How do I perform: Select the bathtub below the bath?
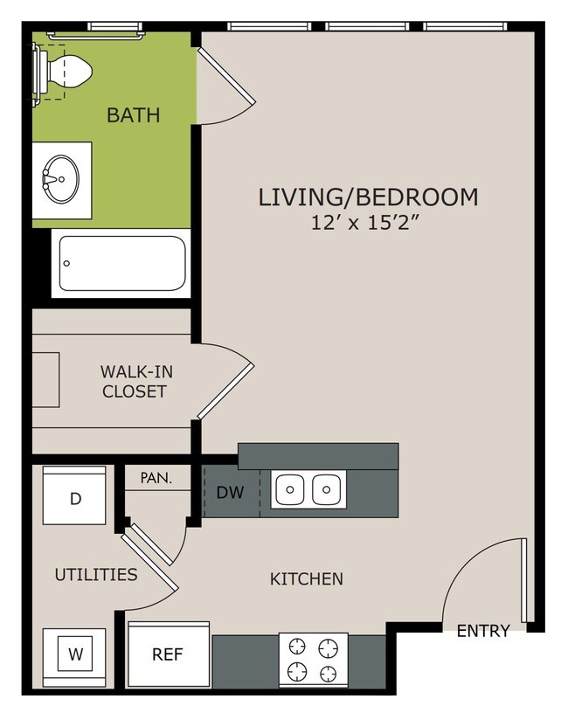click(121, 263)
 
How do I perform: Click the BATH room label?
click(133, 115)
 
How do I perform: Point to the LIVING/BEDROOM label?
click(369, 197)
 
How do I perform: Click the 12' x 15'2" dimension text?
click(364, 223)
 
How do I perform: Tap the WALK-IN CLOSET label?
click(136, 382)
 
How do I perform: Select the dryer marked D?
click(74, 495)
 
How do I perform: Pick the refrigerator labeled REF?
click(168, 654)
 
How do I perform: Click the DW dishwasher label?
click(230, 493)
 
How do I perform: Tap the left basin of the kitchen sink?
click(290, 489)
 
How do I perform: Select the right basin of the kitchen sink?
click(327, 489)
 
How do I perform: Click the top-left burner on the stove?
click(297, 647)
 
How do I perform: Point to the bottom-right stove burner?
click(329, 673)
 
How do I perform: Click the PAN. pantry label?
click(156, 478)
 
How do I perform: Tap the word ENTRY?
click(483, 631)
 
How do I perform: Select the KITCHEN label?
click(307, 579)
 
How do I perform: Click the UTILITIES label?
click(96, 575)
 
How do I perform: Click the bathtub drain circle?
click(66, 263)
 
